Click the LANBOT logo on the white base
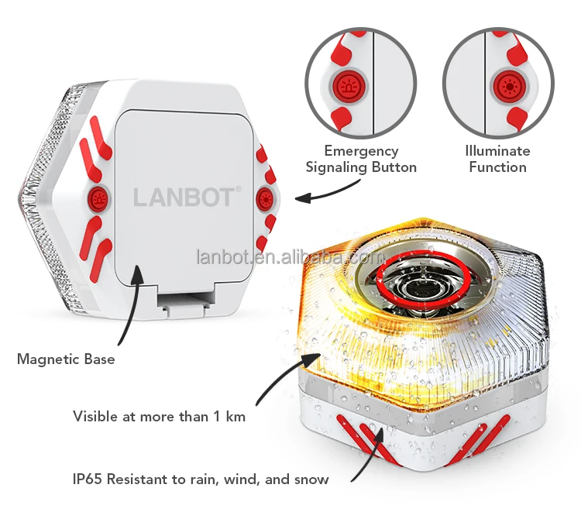pos(183,197)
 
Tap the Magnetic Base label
pos(66,359)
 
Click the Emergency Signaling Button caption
pos(361,159)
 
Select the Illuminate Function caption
pos(497,159)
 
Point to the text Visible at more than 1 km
pos(159,417)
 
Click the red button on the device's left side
pos(98,198)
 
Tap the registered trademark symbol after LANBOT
pos(238,188)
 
